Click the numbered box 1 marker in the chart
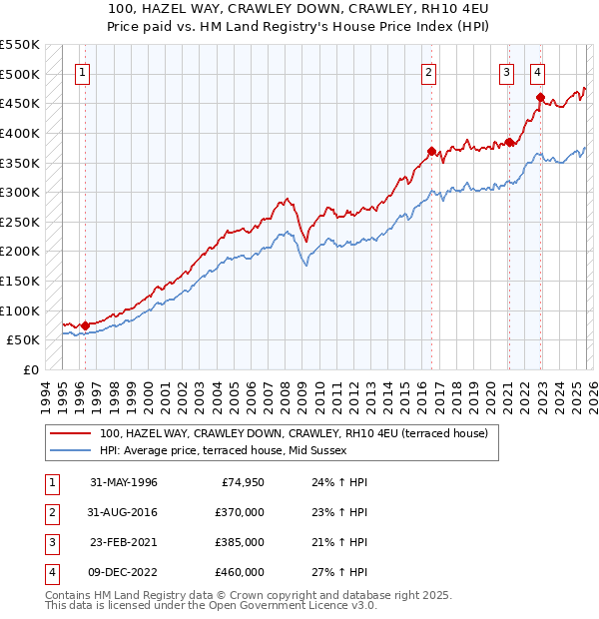(82, 72)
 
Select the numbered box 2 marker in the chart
(428, 72)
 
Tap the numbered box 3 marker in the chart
(506, 72)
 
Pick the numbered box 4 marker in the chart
(537, 72)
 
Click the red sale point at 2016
(432, 152)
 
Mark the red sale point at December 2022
(540, 98)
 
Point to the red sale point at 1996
(85, 324)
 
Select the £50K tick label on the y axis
(24, 340)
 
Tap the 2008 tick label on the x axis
(287, 393)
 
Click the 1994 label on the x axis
(46, 393)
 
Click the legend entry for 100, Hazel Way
(293, 433)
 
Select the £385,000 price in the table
(240, 542)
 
